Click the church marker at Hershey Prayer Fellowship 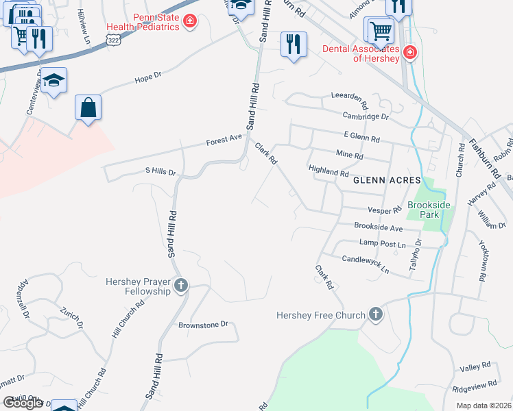[x=181, y=285]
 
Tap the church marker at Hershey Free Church [x=375, y=314]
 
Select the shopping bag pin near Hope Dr [x=88, y=108]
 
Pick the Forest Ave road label [x=225, y=140]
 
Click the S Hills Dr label [x=160, y=171]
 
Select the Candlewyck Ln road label [x=366, y=264]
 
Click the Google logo [x=23, y=403]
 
